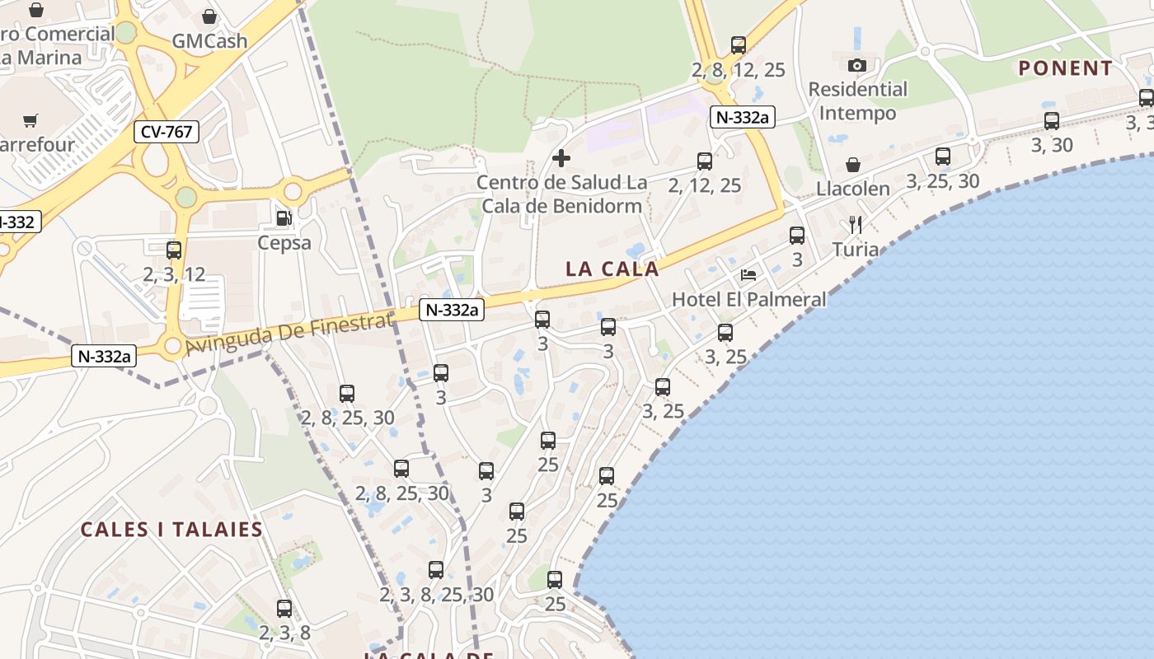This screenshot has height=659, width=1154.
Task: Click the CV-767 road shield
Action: [167, 131]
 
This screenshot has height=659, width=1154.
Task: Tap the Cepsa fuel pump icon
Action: [284, 218]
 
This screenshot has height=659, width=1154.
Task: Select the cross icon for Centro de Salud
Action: [561, 157]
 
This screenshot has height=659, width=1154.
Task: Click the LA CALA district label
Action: [612, 269]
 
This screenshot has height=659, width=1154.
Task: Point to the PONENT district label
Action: [1065, 68]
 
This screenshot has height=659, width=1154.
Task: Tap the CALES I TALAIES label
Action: [171, 530]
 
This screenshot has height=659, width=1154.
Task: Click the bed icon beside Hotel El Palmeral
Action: [748, 274]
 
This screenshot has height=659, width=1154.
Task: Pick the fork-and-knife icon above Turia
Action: [856, 224]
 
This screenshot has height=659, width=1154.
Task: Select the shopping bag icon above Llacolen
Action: [853, 165]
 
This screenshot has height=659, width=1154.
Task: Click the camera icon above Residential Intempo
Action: [857, 65]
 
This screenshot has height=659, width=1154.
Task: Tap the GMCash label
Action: [209, 40]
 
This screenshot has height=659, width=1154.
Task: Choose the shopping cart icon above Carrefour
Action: [30, 121]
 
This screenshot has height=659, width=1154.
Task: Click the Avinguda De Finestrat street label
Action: [288, 334]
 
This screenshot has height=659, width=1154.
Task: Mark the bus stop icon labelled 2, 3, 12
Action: [174, 250]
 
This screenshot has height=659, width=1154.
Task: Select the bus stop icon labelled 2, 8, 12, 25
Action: [739, 44]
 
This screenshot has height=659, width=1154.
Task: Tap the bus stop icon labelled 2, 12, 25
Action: [705, 161]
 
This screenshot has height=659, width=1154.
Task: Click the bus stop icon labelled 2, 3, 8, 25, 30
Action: [436, 569]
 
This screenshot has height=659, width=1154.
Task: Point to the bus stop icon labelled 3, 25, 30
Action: [943, 156]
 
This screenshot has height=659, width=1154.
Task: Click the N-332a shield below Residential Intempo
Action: [742, 117]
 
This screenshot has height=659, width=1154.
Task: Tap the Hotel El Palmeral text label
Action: [748, 299]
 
